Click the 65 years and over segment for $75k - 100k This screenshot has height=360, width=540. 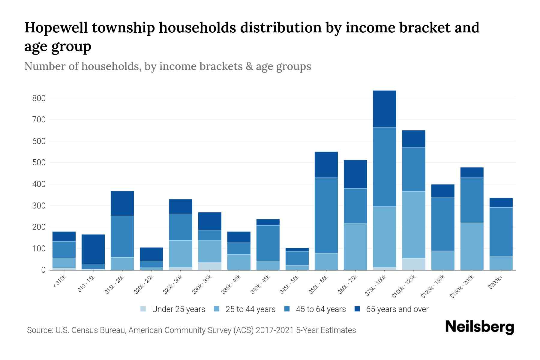[384, 109]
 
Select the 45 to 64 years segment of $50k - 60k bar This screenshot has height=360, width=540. [326, 215]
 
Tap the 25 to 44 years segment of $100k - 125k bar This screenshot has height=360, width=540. [413, 225]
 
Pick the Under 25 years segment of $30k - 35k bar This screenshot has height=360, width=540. [210, 266]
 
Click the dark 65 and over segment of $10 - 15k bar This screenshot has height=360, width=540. [93, 249]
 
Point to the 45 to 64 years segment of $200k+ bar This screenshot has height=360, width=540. [501, 232]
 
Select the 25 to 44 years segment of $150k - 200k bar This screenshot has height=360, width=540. [472, 246]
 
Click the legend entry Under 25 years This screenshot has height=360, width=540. [178, 309]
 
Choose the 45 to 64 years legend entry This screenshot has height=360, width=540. [320, 309]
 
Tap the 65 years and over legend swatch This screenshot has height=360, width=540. [357, 309]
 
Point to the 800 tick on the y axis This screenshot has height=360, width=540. [39, 98]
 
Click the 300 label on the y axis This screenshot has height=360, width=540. [39, 206]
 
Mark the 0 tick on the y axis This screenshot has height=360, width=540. [43, 270]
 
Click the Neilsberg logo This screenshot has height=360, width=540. [479, 327]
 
